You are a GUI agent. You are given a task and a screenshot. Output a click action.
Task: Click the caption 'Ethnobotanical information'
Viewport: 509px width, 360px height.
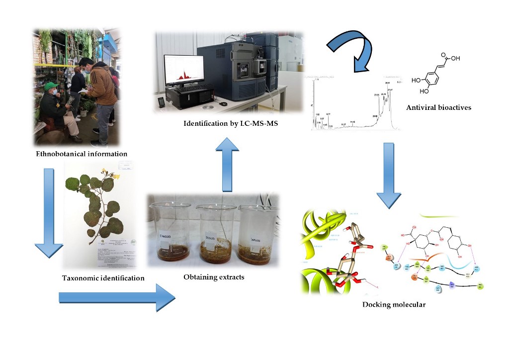[x=82, y=154]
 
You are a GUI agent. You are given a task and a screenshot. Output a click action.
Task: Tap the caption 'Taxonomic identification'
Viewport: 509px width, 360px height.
[x=103, y=278]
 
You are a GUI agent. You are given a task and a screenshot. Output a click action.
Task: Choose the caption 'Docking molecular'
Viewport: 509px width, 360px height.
[x=394, y=304]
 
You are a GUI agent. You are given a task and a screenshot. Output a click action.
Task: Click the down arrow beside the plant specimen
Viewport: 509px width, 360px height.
[x=48, y=211]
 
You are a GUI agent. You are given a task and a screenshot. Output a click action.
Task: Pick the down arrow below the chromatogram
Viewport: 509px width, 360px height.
[x=389, y=174]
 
